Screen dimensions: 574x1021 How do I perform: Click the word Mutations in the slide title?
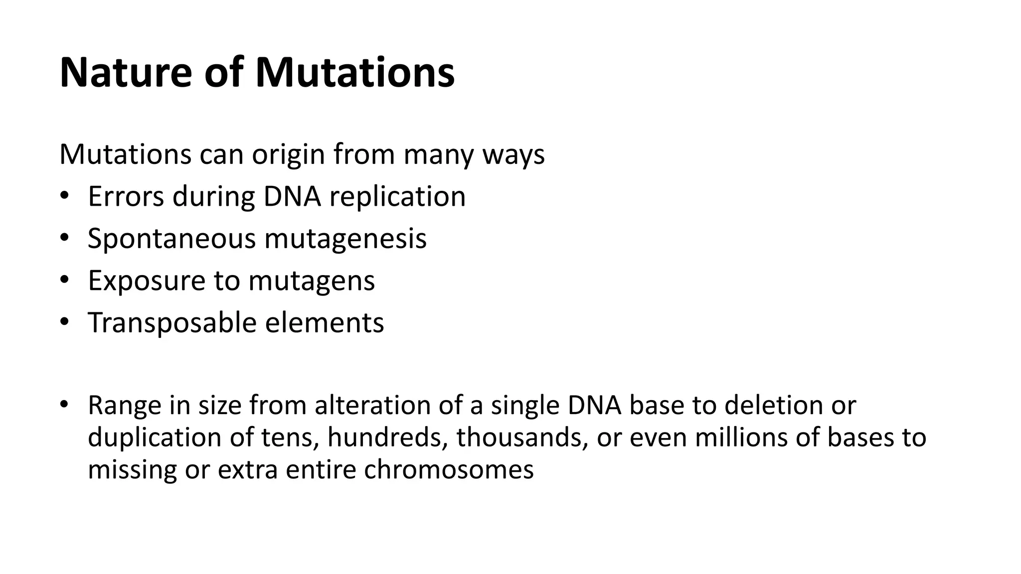pyautogui.click(x=354, y=73)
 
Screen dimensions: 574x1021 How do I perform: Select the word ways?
pyautogui.click(x=513, y=155)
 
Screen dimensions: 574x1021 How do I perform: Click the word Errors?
pyautogui.click(x=126, y=196)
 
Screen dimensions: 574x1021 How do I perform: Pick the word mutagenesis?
pyautogui.click(x=345, y=239)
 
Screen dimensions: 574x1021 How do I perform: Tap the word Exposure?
pyautogui.click(x=146, y=281)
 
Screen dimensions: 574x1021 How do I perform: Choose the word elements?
pyautogui.click(x=324, y=323)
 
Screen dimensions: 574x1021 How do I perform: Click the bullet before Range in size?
pyautogui.click(x=64, y=403)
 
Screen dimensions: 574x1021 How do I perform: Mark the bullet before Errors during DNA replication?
pyautogui.click(x=64, y=196)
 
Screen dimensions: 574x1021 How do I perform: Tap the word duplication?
pyautogui.click(x=155, y=437)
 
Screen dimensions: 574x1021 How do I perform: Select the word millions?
pyautogui.click(x=743, y=437)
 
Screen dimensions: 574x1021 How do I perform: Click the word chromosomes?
pyautogui.click(x=449, y=469)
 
